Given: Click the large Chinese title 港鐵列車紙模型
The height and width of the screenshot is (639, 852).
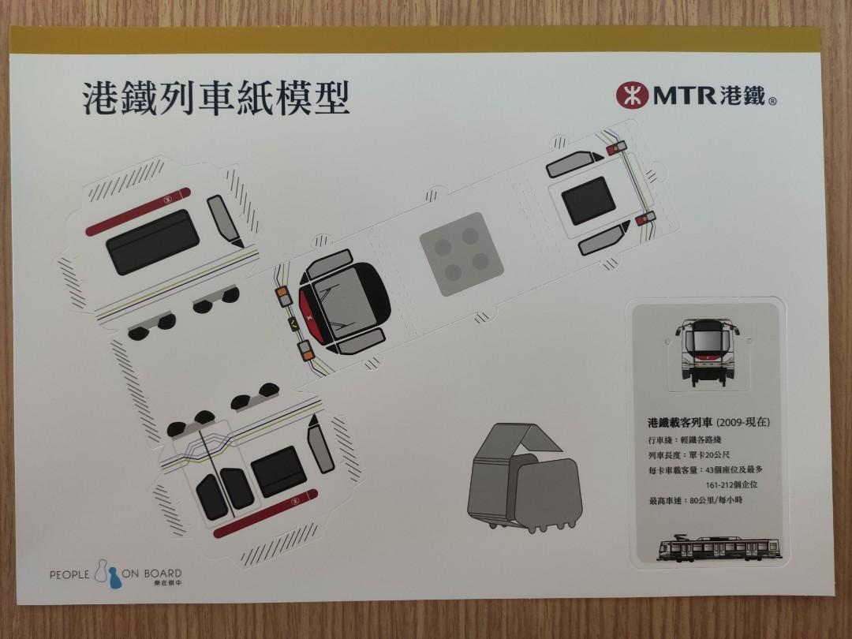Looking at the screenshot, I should pyautogui.click(x=215, y=100).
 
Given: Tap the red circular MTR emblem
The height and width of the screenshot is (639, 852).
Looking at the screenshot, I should pyautogui.click(x=630, y=95).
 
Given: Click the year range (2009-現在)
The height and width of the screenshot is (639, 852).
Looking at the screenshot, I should pyautogui.click(x=742, y=422).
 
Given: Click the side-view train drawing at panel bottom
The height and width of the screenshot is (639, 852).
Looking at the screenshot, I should pyautogui.click(x=719, y=549).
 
